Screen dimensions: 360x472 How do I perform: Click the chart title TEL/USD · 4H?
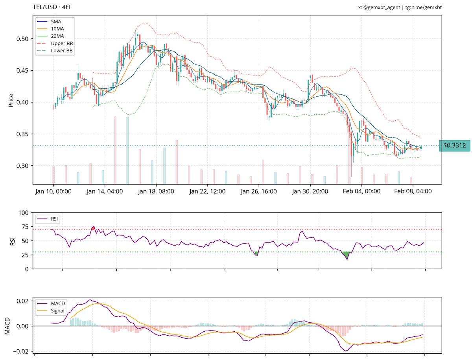tap(52, 7)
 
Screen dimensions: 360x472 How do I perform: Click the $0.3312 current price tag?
tap(454, 145)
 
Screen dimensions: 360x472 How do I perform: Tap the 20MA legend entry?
tap(57, 36)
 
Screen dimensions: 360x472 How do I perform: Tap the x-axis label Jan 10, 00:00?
tap(53, 191)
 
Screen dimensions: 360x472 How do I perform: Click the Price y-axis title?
tap(11, 100)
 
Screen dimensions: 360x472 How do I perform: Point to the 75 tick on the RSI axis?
tap(25, 227)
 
